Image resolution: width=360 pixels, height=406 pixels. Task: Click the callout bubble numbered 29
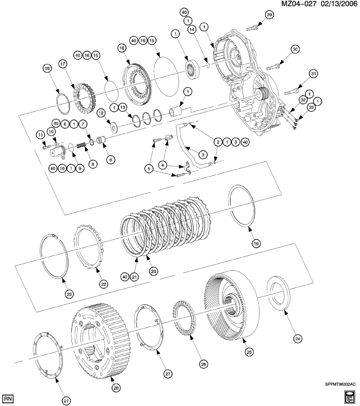(x=269, y=15)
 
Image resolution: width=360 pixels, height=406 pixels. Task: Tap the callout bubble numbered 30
(x=295, y=49)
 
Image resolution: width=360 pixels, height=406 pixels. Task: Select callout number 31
(x=313, y=74)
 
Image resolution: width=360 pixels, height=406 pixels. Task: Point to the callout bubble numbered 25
(x=248, y=350)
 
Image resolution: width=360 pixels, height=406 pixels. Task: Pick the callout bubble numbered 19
(x=256, y=243)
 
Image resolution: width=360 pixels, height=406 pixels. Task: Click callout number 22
(x=104, y=284)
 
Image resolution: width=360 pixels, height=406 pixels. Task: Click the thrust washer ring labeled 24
(x=278, y=294)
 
